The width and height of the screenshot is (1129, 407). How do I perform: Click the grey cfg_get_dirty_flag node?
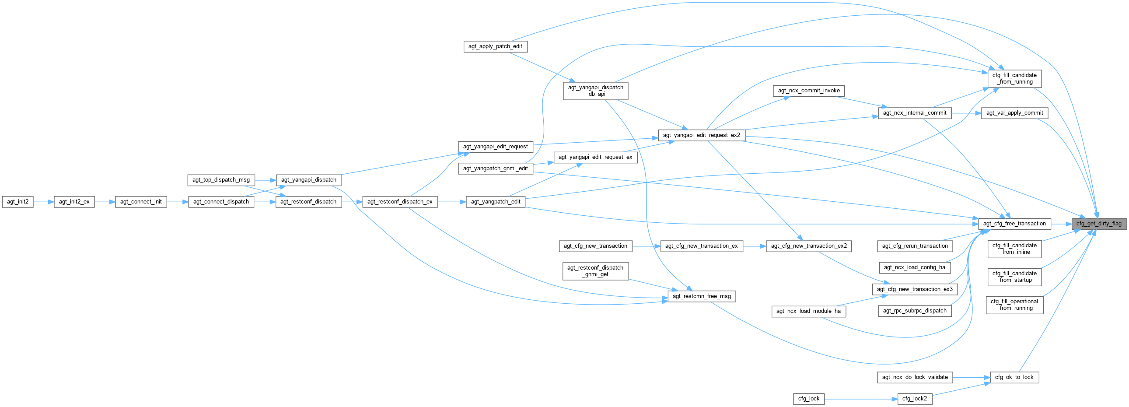[x=1099, y=224]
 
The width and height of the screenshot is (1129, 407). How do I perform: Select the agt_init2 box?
[x=17, y=202]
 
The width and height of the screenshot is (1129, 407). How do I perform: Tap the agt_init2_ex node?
[x=74, y=202]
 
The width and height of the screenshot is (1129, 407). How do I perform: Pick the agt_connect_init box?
[x=141, y=202]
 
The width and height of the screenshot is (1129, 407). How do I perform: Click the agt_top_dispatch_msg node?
[x=221, y=180]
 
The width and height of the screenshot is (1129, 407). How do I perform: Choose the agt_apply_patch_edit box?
[x=495, y=46]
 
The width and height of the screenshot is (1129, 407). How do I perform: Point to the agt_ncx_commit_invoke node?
[x=809, y=91]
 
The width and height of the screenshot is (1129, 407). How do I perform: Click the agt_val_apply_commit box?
[x=1014, y=113]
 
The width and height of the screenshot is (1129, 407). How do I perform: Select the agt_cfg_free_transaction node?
[x=1014, y=224]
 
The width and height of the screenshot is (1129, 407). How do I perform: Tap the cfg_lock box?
[x=809, y=399]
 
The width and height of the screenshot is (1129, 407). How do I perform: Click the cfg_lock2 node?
[x=914, y=399]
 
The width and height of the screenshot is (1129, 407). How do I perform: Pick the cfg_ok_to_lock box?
[x=1014, y=377]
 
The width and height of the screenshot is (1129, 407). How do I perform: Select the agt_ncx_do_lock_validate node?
[x=915, y=377]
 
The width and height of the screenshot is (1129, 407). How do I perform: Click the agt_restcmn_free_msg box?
[x=701, y=296]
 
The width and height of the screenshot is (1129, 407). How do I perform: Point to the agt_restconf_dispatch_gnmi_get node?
[x=595, y=271]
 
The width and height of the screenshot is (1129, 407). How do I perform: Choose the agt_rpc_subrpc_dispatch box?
[x=915, y=311]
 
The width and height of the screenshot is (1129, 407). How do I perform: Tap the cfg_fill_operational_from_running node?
[x=1014, y=305]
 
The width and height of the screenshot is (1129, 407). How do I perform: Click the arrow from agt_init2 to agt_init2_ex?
[x=43, y=202]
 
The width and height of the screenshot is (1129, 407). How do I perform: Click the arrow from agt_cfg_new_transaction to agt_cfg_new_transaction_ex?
[x=646, y=246]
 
